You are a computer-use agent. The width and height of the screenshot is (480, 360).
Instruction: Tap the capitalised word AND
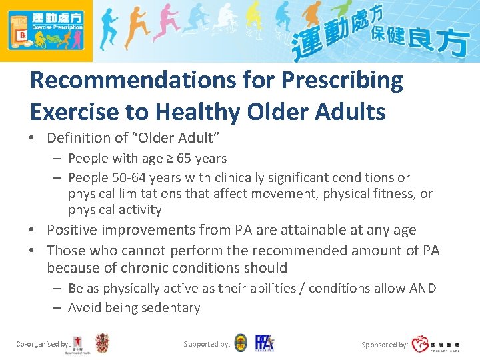click(421, 288)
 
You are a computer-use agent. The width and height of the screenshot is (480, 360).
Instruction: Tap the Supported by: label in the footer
click(207, 344)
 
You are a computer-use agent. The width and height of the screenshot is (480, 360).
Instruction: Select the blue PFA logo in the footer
click(264, 343)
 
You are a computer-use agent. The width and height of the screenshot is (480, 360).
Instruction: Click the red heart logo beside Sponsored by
click(420, 344)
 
